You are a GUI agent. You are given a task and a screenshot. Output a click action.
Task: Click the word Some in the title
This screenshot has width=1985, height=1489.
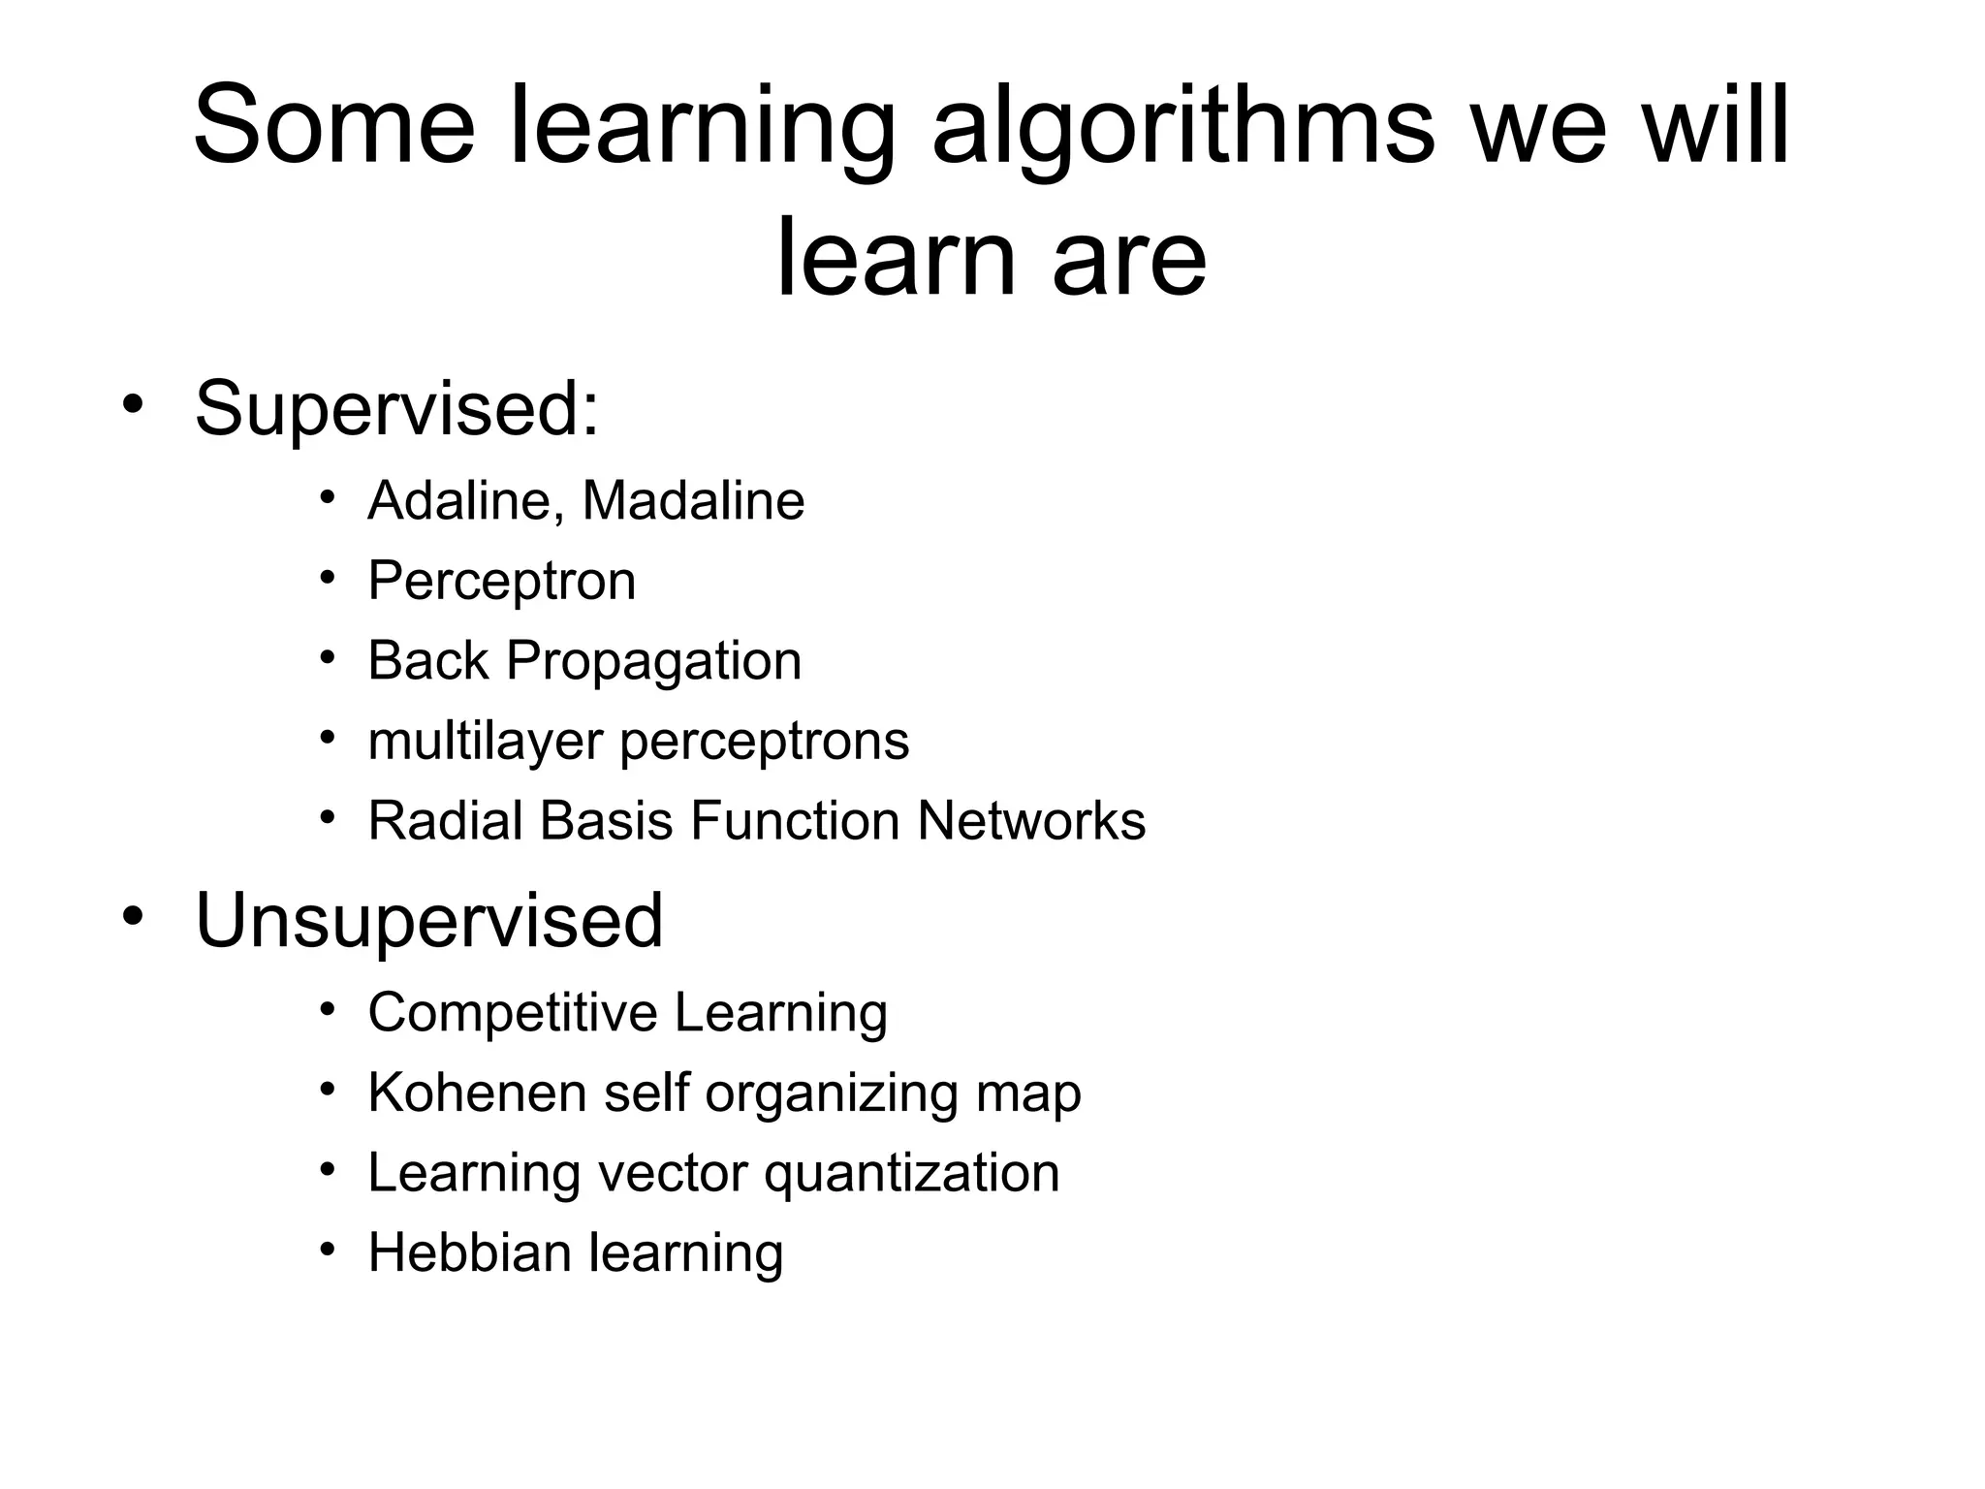pos(334,127)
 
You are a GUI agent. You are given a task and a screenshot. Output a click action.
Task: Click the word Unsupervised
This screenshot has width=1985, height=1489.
pos(429,921)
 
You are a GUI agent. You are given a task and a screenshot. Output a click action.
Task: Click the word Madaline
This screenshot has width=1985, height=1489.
pos(693,501)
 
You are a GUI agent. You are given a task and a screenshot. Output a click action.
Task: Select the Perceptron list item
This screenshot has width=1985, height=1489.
pos(501,583)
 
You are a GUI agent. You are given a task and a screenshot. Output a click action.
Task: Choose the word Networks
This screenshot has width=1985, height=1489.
pos(1031,821)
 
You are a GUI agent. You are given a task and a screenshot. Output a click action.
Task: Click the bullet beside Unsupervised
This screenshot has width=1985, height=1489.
pos(133,914)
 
